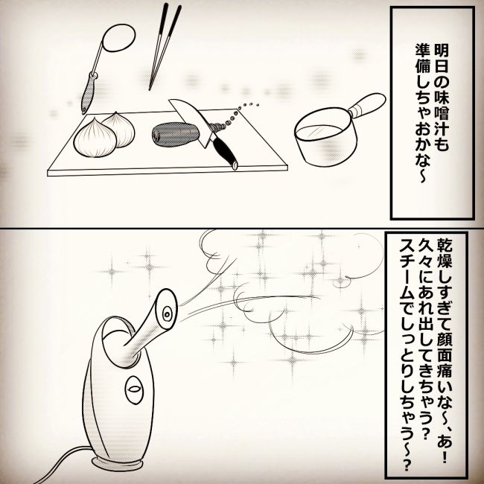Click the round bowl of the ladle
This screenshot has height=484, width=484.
[x=117, y=39]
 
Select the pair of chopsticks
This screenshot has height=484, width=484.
[x=165, y=45]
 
